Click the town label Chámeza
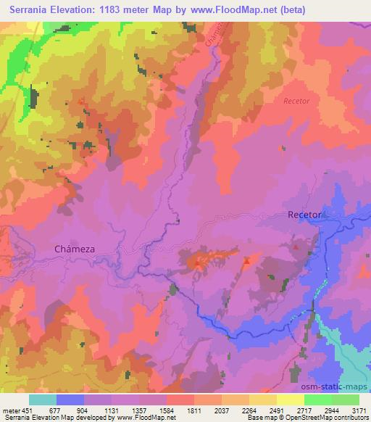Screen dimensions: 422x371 click(x=75, y=248)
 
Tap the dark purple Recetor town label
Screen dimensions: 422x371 click(x=304, y=215)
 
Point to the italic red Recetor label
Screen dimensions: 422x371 click(x=297, y=101)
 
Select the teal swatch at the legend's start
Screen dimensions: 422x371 click(x=43, y=398)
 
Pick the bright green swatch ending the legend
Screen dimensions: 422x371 click(x=345, y=398)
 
